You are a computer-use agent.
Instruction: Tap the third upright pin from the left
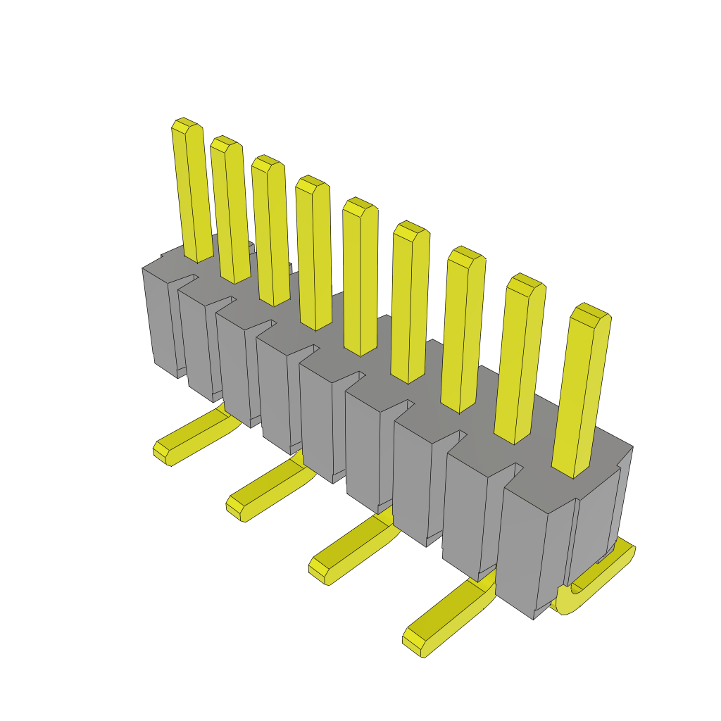click(x=270, y=232)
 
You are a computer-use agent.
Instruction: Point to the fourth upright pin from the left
click(x=314, y=253)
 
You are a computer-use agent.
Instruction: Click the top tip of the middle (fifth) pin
click(x=360, y=206)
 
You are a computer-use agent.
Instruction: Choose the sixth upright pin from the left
click(x=410, y=303)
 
